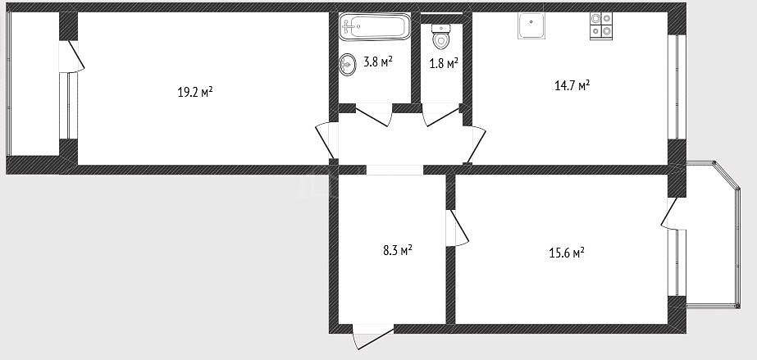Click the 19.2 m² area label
click(x=195, y=92)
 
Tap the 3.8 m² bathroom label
click(x=378, y=62)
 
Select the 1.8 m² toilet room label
click(x=444, y=63)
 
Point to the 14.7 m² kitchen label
click(x=572, y=86)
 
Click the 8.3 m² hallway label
click(x=397, y=250)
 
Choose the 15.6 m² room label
click(x=567, y=253)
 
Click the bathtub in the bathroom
click(x=375, y=27)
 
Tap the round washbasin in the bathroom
click(x=347, y=65)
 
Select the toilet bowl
click(x=440, y=36)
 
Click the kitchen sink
click(x=531, y=25)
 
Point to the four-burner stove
click(x=601, y=25)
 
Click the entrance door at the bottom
click(x=374, y=337)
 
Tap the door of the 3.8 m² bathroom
click(x=372, y=115)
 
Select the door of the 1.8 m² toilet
click(x=441, y=115)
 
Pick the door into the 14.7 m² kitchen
click(x=476, y=144)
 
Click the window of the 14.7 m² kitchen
click(x=677, y=87)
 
